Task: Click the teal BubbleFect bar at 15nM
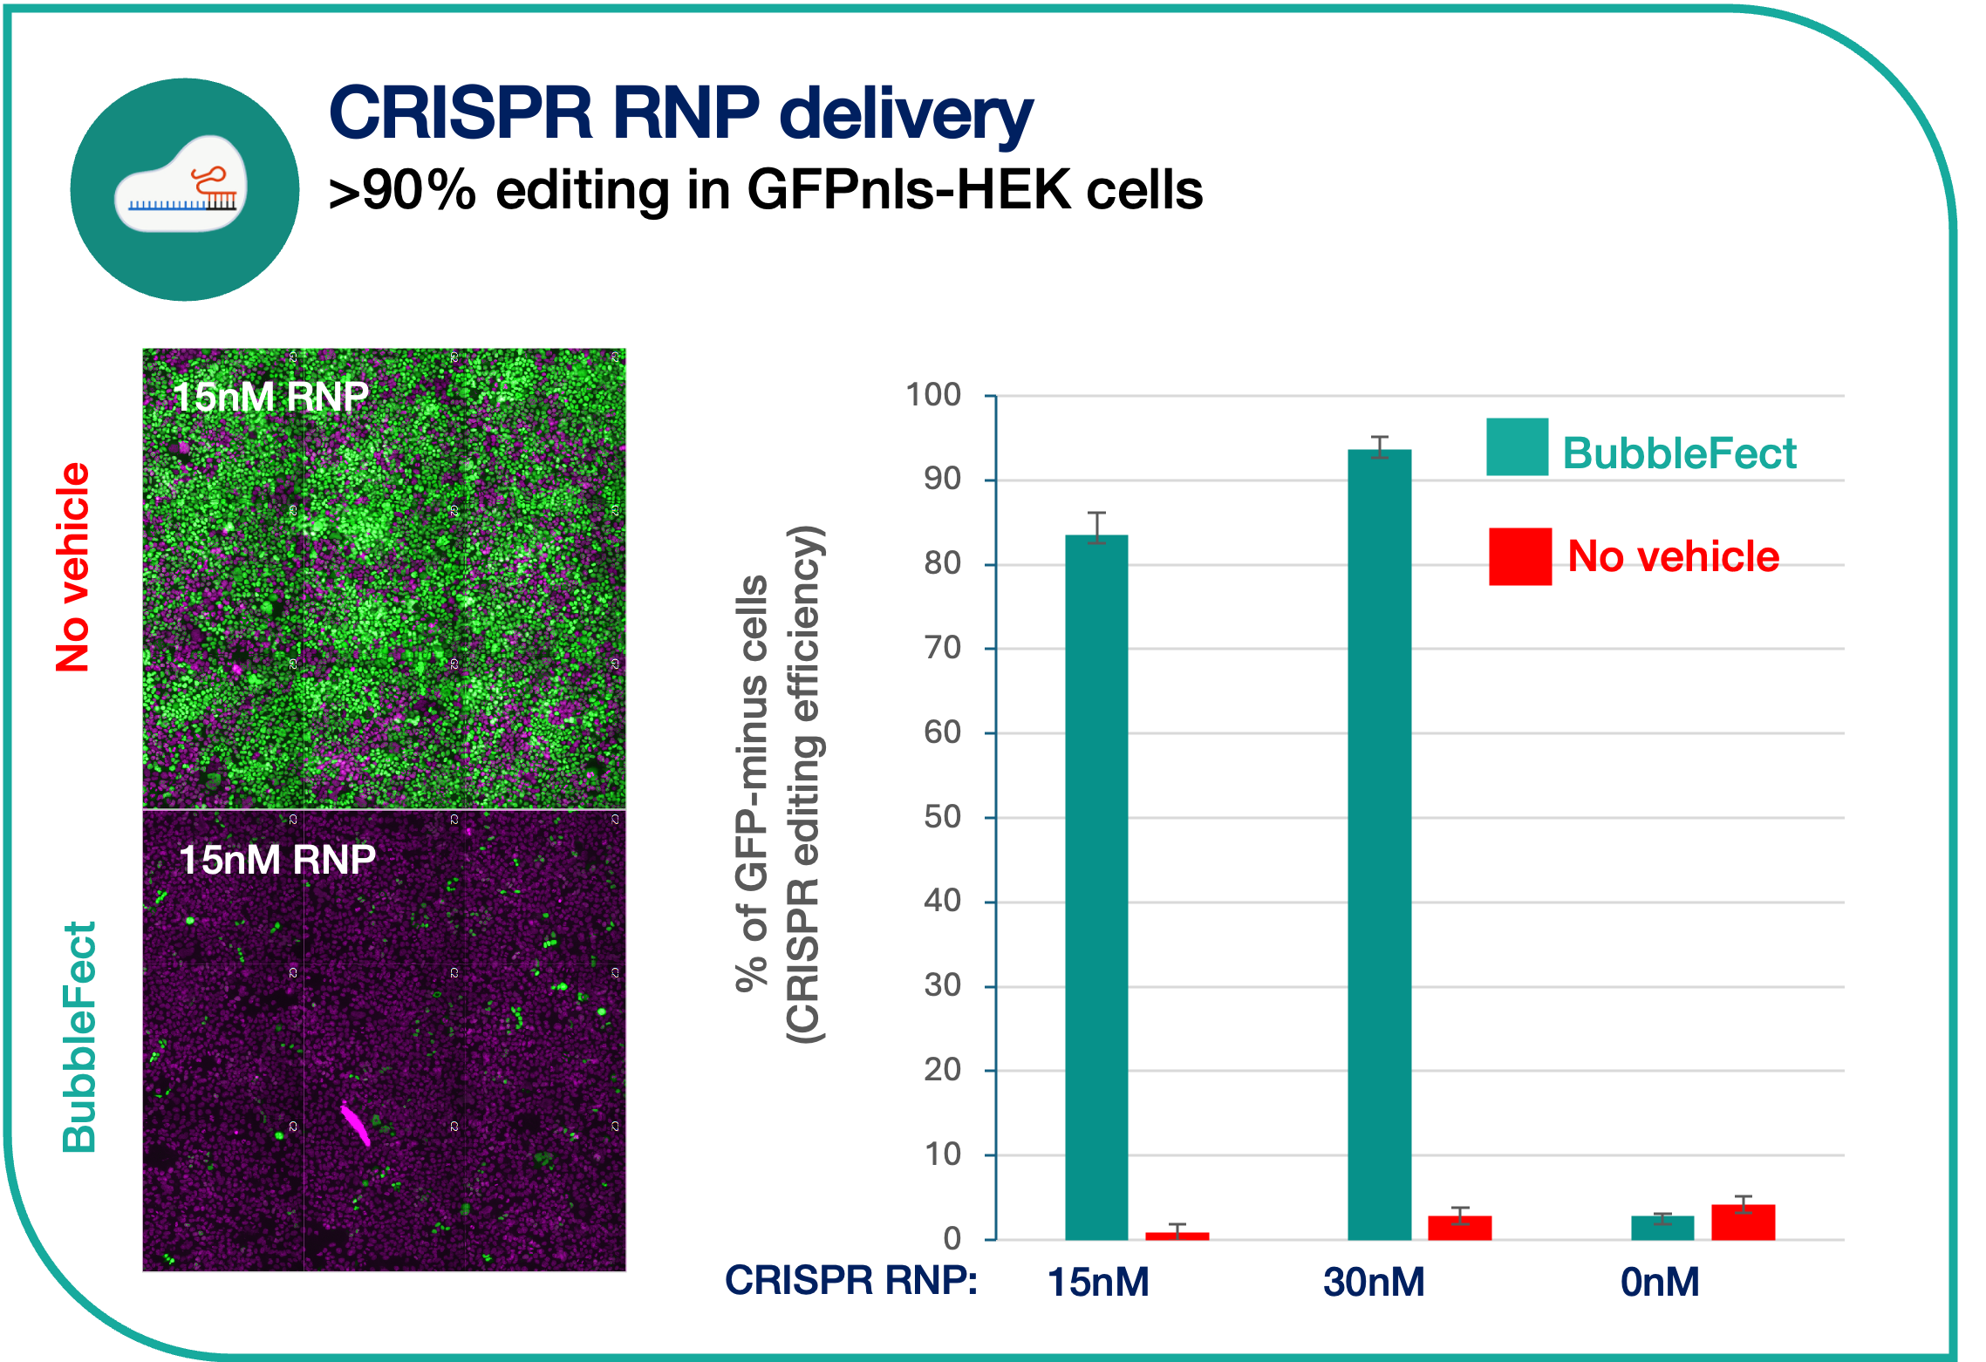(1096, 887)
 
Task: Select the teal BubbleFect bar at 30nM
(1379, 844)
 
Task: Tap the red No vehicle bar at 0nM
(1743, 1222)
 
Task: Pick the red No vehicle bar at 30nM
(1459, 1228)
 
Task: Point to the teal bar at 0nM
(1662, 1228)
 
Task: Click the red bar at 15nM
(1177, 1236)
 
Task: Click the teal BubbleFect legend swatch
(1517, 446)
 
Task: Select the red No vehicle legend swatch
(1519, 556)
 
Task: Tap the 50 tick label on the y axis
(942, 817)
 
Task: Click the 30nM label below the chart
(1374, 1282)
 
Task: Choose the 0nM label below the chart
(1660, 1282)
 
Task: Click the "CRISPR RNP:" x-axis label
(851, 1281)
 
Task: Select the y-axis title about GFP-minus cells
(779, 783)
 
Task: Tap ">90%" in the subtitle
(402, 189)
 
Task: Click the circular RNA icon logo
(185, 189)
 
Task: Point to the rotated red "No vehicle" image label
(72, 567)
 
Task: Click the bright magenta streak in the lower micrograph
(355, 1124)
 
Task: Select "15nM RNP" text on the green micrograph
(270, 397)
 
